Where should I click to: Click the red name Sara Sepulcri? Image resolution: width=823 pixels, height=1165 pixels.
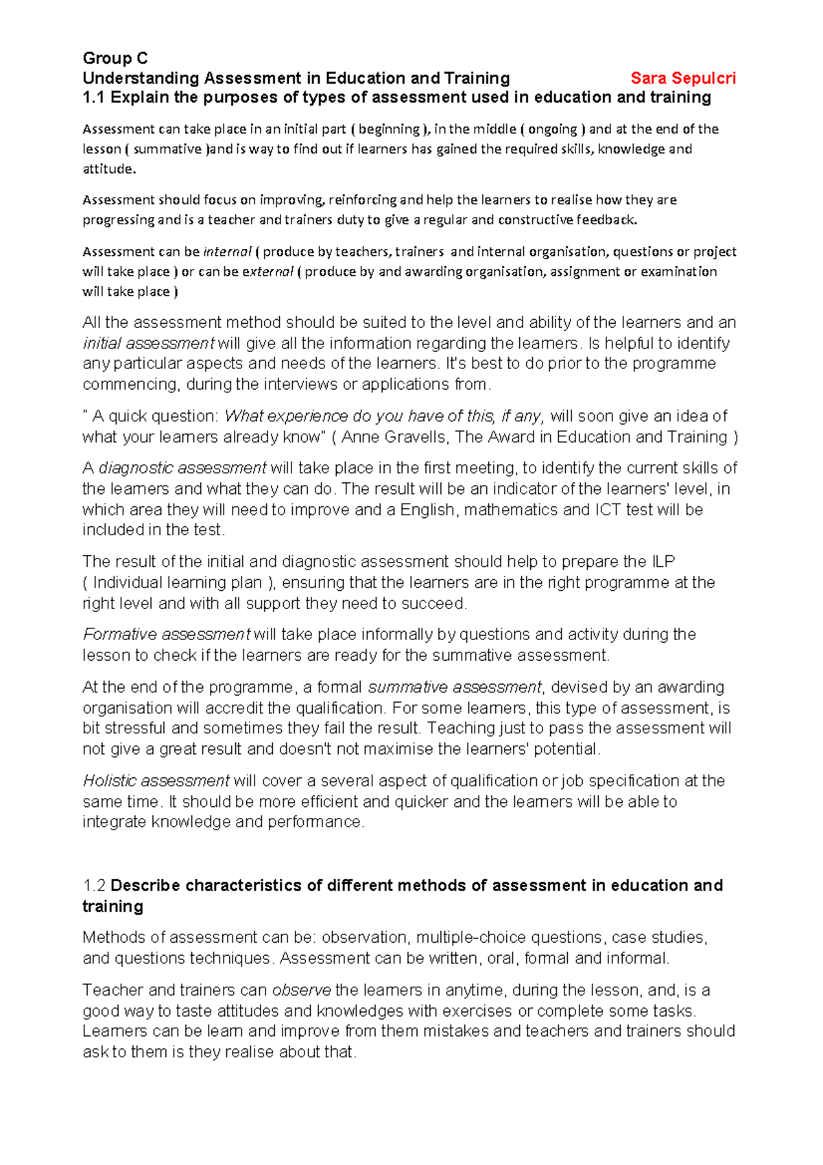coord(683,78)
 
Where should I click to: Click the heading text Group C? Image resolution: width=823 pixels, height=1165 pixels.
coord(115,58)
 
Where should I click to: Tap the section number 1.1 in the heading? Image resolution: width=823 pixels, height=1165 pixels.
coord(93,97)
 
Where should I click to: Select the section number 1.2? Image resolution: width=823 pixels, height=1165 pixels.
coord(94,885)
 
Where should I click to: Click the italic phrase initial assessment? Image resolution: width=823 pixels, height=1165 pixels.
coord(149,343)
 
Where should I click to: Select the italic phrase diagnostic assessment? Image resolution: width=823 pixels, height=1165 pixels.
coord(182,468)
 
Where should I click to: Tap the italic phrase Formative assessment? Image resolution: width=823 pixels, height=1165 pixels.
coord(166,634)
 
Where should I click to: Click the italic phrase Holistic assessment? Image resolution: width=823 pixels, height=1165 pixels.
coord(156,781)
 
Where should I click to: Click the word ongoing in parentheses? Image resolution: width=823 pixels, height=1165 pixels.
coord(552,129)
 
